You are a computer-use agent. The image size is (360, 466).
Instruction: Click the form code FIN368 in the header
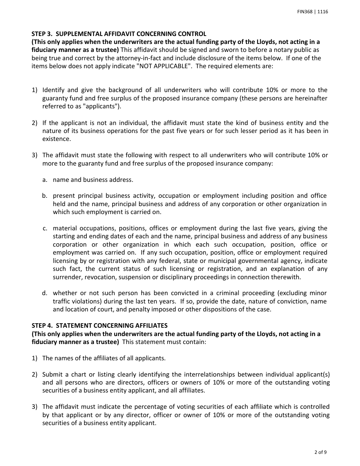click(305, 12)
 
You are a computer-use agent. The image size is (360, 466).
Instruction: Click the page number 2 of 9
click(321, 452)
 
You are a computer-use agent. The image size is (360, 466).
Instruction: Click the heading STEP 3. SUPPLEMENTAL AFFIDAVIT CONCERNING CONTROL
click(119, 34)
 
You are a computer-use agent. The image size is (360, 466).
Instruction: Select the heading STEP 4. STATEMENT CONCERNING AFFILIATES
click(99, 325)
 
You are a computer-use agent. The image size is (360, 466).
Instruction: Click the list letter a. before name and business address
click(45, 180)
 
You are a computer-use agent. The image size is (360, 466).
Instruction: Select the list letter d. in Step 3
click(45, 293)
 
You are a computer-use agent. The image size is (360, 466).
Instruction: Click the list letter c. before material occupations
click(45, 228)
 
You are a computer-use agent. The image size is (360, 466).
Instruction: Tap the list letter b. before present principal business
click(45, 196)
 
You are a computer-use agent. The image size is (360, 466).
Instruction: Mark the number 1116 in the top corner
click(322, 12)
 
